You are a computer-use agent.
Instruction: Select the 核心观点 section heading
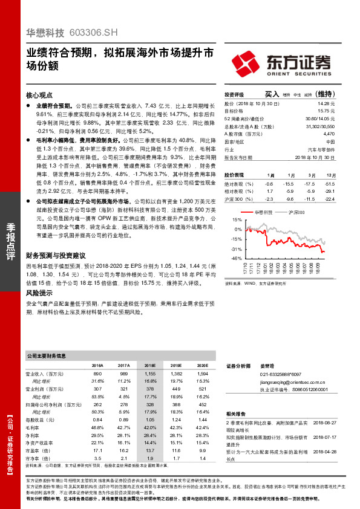[41, 96]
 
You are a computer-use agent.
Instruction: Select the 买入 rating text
[272, 94]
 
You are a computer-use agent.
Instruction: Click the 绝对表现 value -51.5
[329, 183]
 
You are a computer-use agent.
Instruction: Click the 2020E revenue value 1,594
[203, 375]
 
